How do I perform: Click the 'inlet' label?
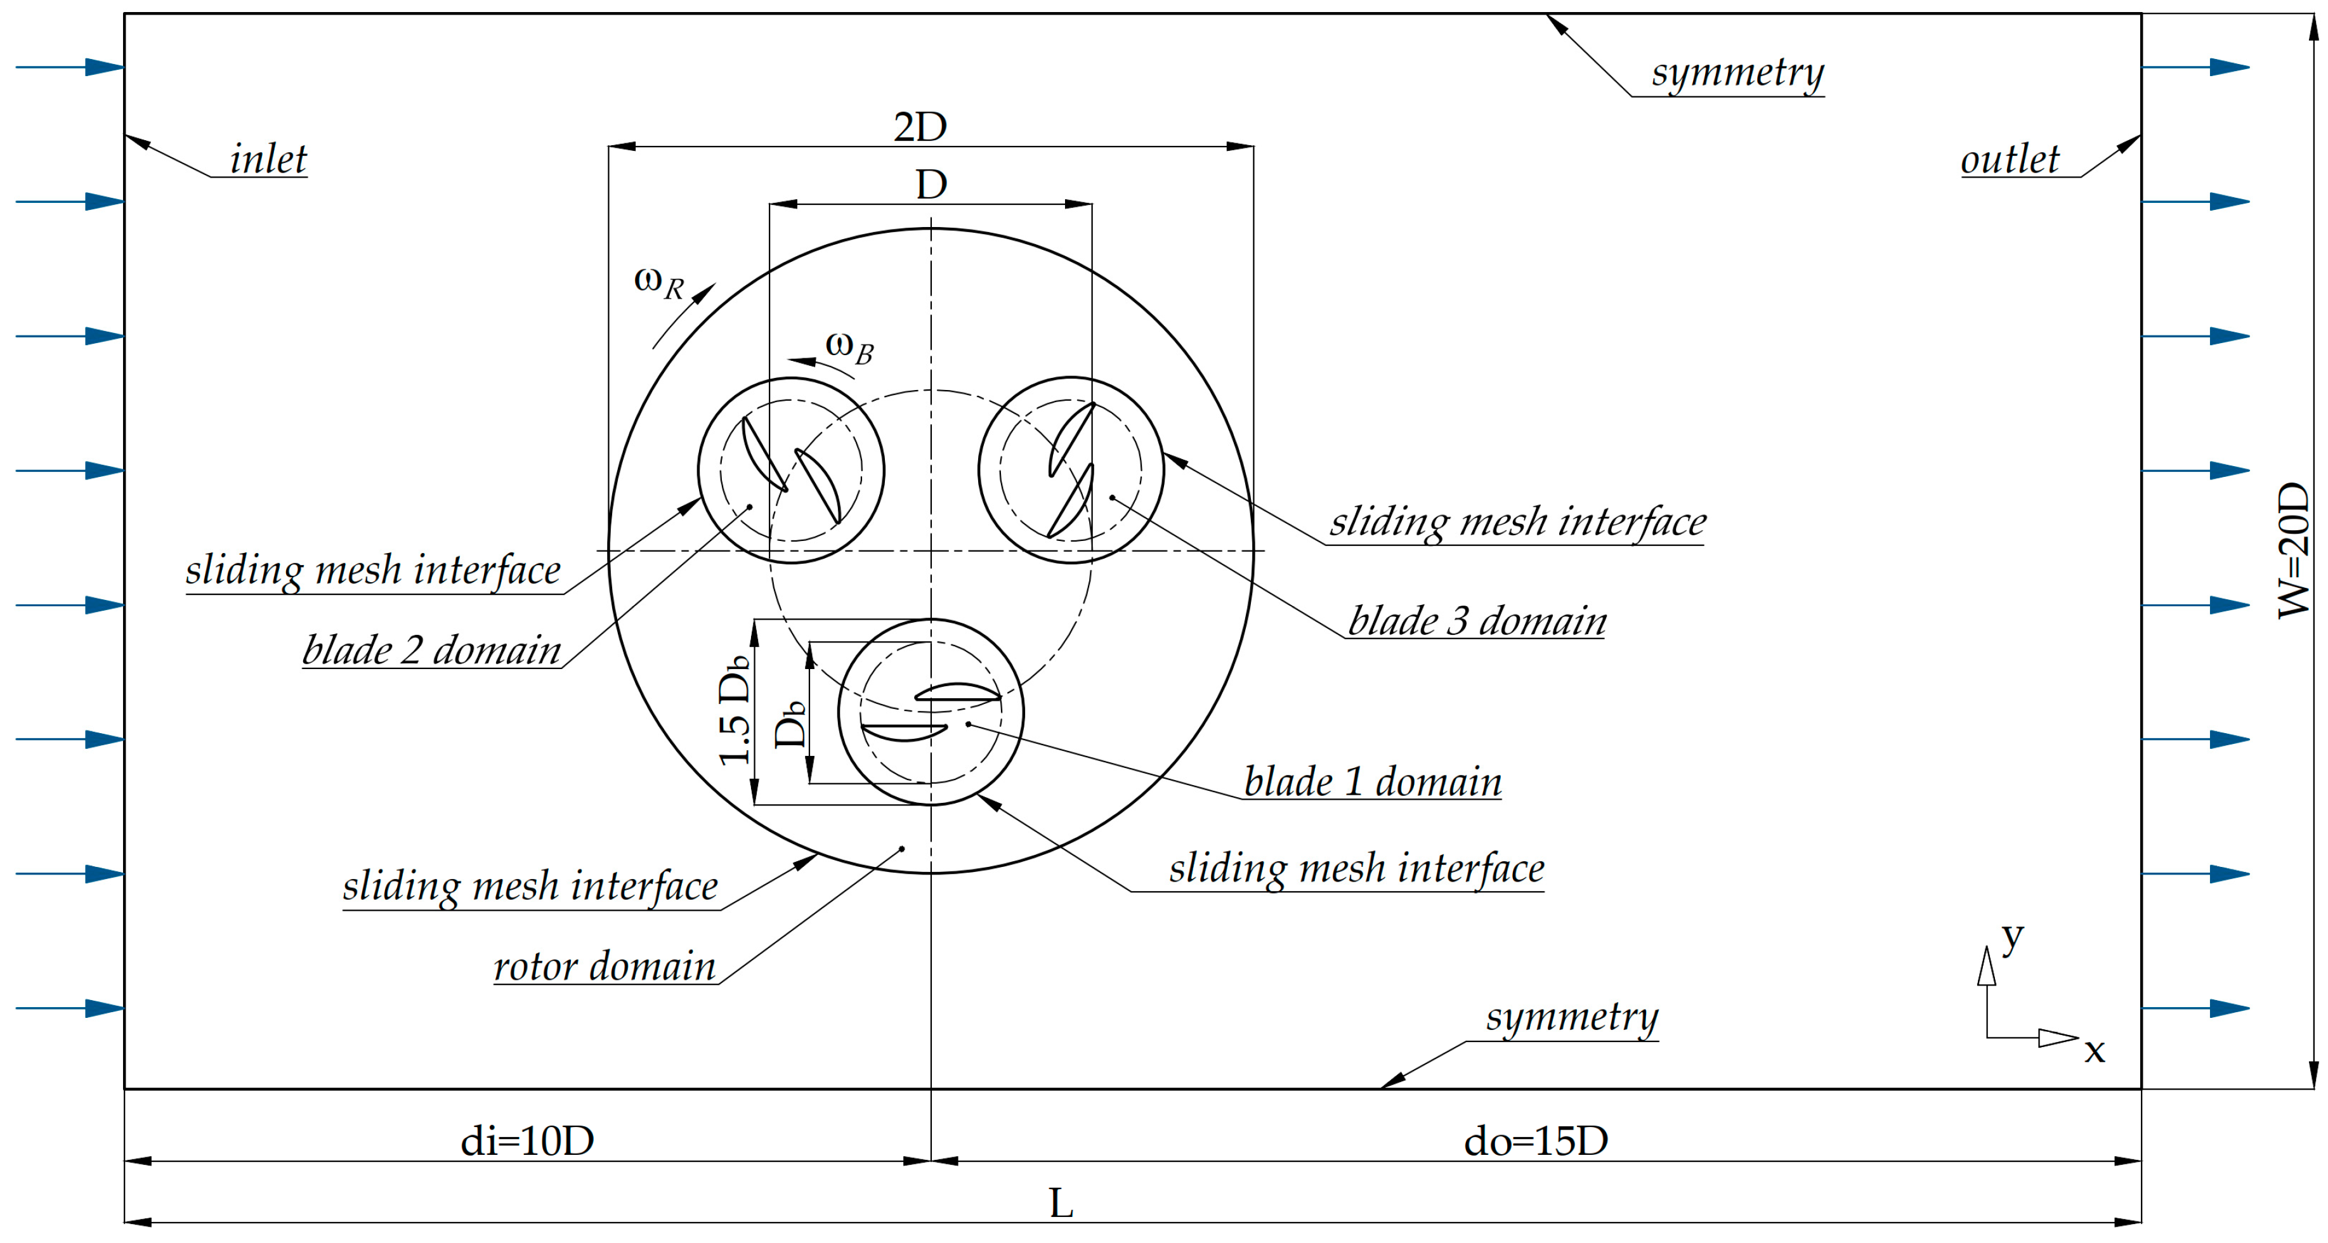[268, 159]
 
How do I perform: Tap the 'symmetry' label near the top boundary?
[1737, 72]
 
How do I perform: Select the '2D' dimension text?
[920, 126]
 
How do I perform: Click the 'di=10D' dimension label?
[527, 1141]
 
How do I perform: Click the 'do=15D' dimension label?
[1536, 1141]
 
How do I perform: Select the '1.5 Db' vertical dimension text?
[734, 710]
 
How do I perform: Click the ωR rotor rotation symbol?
[659, 282]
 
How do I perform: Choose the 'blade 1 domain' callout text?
[1372, 781]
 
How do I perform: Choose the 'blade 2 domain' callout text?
[431, 649]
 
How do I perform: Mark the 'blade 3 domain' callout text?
[1477, 621]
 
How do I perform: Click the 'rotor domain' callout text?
[605, 966]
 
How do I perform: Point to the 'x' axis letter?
[2094, 1051]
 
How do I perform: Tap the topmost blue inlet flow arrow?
[70, 67]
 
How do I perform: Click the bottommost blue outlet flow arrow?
[2195, 1008]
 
